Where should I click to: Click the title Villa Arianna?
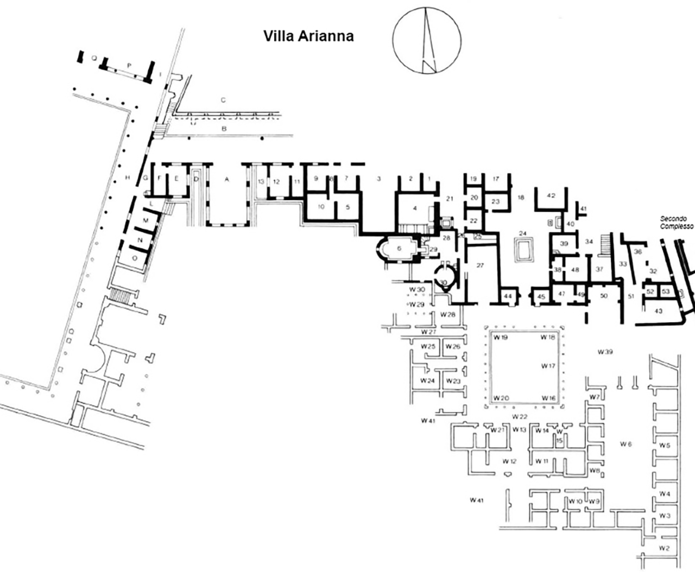(308, 36)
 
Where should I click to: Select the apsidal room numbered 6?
(399, 248)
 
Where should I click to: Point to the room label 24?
(523, 233)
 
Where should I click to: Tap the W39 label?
(605, 352)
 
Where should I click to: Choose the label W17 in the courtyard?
(548, 366)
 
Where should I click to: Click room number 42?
(551, 196)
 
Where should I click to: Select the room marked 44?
(508, 296)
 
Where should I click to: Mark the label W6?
(625, 444)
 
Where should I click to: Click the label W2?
(664, 548)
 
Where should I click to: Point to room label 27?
(479, 265)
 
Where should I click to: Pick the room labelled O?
(134, 258)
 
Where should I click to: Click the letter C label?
(223, 100)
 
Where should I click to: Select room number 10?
(321, 206)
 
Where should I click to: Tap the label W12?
(509, 461)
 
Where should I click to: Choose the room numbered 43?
(659, 311)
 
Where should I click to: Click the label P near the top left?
(129, 65)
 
